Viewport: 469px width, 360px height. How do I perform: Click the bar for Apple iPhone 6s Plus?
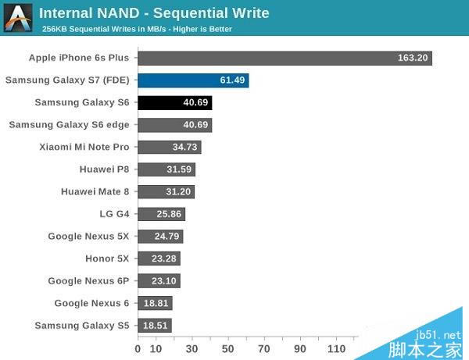(285, 58)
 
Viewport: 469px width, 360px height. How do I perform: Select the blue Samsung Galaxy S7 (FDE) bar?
(193, 80)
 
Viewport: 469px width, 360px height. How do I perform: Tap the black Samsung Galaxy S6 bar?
(175, 102)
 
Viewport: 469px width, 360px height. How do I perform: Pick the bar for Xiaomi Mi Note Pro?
(170, 147)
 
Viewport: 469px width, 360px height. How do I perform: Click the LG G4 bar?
(162, 214)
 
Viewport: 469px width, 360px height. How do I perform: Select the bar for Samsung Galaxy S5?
(155, 326)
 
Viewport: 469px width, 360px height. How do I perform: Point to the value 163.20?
(411, 58)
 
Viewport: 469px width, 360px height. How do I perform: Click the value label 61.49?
(232, 80)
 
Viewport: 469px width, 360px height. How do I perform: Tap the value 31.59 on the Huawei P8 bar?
(178, 169)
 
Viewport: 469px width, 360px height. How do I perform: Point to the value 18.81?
(156, 303)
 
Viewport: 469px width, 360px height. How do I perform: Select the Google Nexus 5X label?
(88, 236)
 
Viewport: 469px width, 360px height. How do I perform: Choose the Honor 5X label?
(107, 258)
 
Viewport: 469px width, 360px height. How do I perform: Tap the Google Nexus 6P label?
(88, 280)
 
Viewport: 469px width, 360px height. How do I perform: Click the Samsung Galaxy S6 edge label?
(69, 124)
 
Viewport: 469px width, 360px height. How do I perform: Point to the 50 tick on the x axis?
(227, 348)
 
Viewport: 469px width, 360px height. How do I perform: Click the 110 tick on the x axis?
(337, 348)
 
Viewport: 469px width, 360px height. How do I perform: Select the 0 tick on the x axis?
(138, 348)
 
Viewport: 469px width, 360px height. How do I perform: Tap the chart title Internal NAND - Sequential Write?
(153, 13)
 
